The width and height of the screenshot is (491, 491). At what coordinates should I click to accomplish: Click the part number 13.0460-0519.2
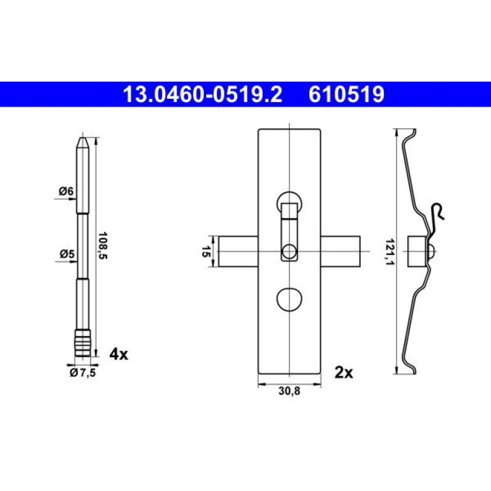(x=203, y=94)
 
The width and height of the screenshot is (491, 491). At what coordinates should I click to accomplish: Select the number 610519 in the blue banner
(x=346, y=94)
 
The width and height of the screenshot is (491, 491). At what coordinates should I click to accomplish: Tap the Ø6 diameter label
(x=66, y=191)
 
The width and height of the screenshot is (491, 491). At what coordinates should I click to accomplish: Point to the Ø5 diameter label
(x=67, y=254)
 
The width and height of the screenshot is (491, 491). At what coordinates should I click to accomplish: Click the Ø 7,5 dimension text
(x=83, y=372)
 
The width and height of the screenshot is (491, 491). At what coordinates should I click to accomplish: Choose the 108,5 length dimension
(x=103, y=246)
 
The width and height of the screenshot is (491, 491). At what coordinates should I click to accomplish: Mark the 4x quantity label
(x=119, y=354)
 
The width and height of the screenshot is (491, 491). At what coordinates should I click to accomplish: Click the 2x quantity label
(x=344, y=372)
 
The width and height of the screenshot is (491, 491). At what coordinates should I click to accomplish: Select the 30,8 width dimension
(x=289, y=391)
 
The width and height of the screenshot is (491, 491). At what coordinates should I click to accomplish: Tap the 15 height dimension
(x=205, y=251)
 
